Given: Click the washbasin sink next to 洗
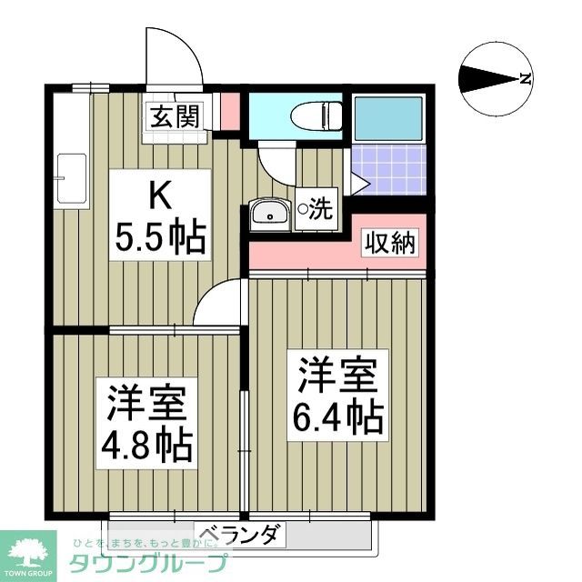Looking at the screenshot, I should point(268,214).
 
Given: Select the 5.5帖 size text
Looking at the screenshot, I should point(160,237).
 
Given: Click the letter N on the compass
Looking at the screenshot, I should point(525,79).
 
